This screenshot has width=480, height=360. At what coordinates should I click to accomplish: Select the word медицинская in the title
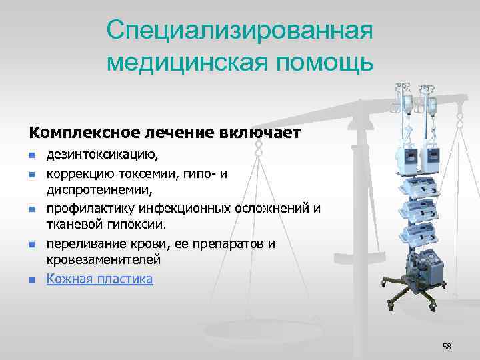[x=180, y=62]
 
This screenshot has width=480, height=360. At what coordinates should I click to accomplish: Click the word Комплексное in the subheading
[x=77, y=133]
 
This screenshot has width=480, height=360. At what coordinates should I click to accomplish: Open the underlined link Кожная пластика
[x=99, y=279]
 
